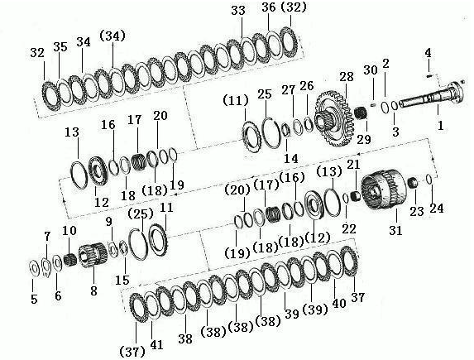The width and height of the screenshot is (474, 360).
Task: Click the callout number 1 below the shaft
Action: [x=441, y=125]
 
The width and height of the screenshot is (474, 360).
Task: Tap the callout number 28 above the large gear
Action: [x=347, y=76]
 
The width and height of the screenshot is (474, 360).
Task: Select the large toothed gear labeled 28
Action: [x=333, y=118]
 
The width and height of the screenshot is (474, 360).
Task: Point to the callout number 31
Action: [x=396, y=231]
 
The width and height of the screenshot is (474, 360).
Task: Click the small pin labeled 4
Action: [x=429, y=75]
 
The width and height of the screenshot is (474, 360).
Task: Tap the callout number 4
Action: [x=428, y=53]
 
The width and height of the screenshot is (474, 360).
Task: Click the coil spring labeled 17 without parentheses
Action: [x=139, y=162]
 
